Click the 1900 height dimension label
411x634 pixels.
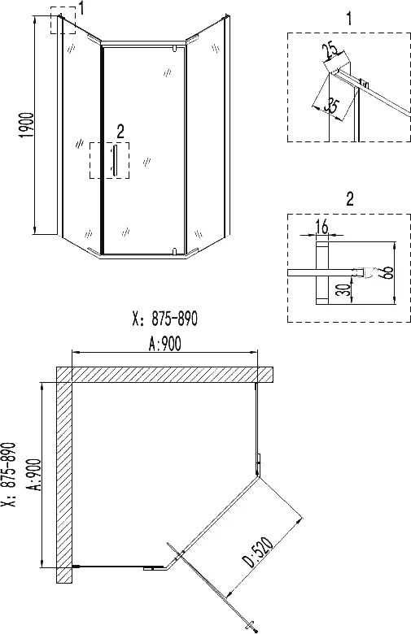[27, 125]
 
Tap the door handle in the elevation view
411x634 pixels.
[115, 160]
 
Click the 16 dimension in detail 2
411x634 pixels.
[322, 228]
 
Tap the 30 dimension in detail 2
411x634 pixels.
[343, 289]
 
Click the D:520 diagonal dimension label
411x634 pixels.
[258, 551]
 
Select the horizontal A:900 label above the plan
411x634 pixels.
[164, 344]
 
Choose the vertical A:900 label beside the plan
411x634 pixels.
[34, 475]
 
